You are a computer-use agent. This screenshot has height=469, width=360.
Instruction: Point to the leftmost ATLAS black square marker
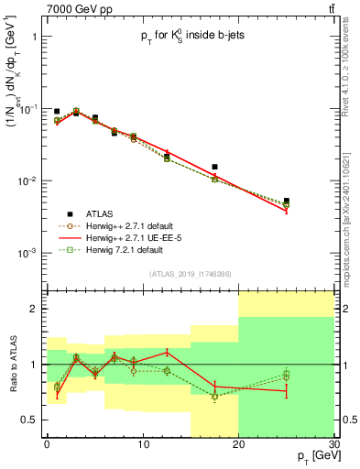click(x=57, y=112)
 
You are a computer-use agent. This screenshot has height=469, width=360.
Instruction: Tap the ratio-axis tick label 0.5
click(x=30, y=420)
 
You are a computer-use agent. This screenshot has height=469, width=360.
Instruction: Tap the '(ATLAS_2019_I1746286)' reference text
click(x=190, y=274)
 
